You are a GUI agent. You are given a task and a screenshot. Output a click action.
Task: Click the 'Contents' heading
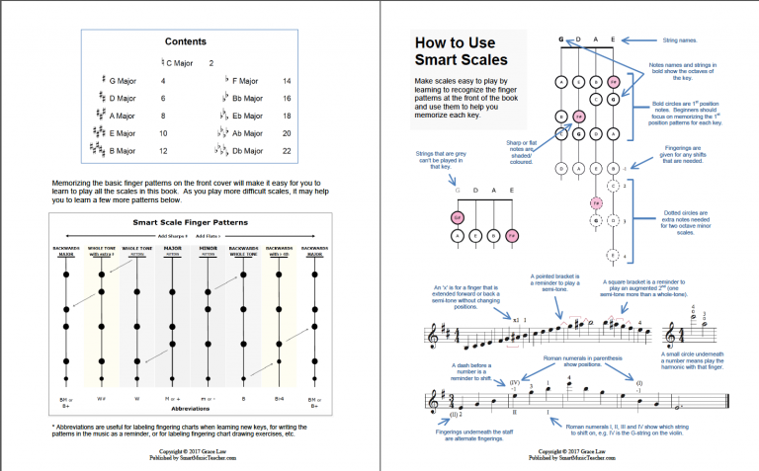pos(187,41)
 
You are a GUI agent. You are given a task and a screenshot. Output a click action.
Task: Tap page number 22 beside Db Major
pos(287,151)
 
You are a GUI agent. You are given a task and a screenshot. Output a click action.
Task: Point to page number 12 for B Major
pos(163,151)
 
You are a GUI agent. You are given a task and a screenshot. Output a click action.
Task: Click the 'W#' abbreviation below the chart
pos(101,398)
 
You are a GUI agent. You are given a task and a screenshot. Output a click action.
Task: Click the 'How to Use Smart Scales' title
pos(456,53)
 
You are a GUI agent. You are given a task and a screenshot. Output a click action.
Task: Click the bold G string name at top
pos(560,39)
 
